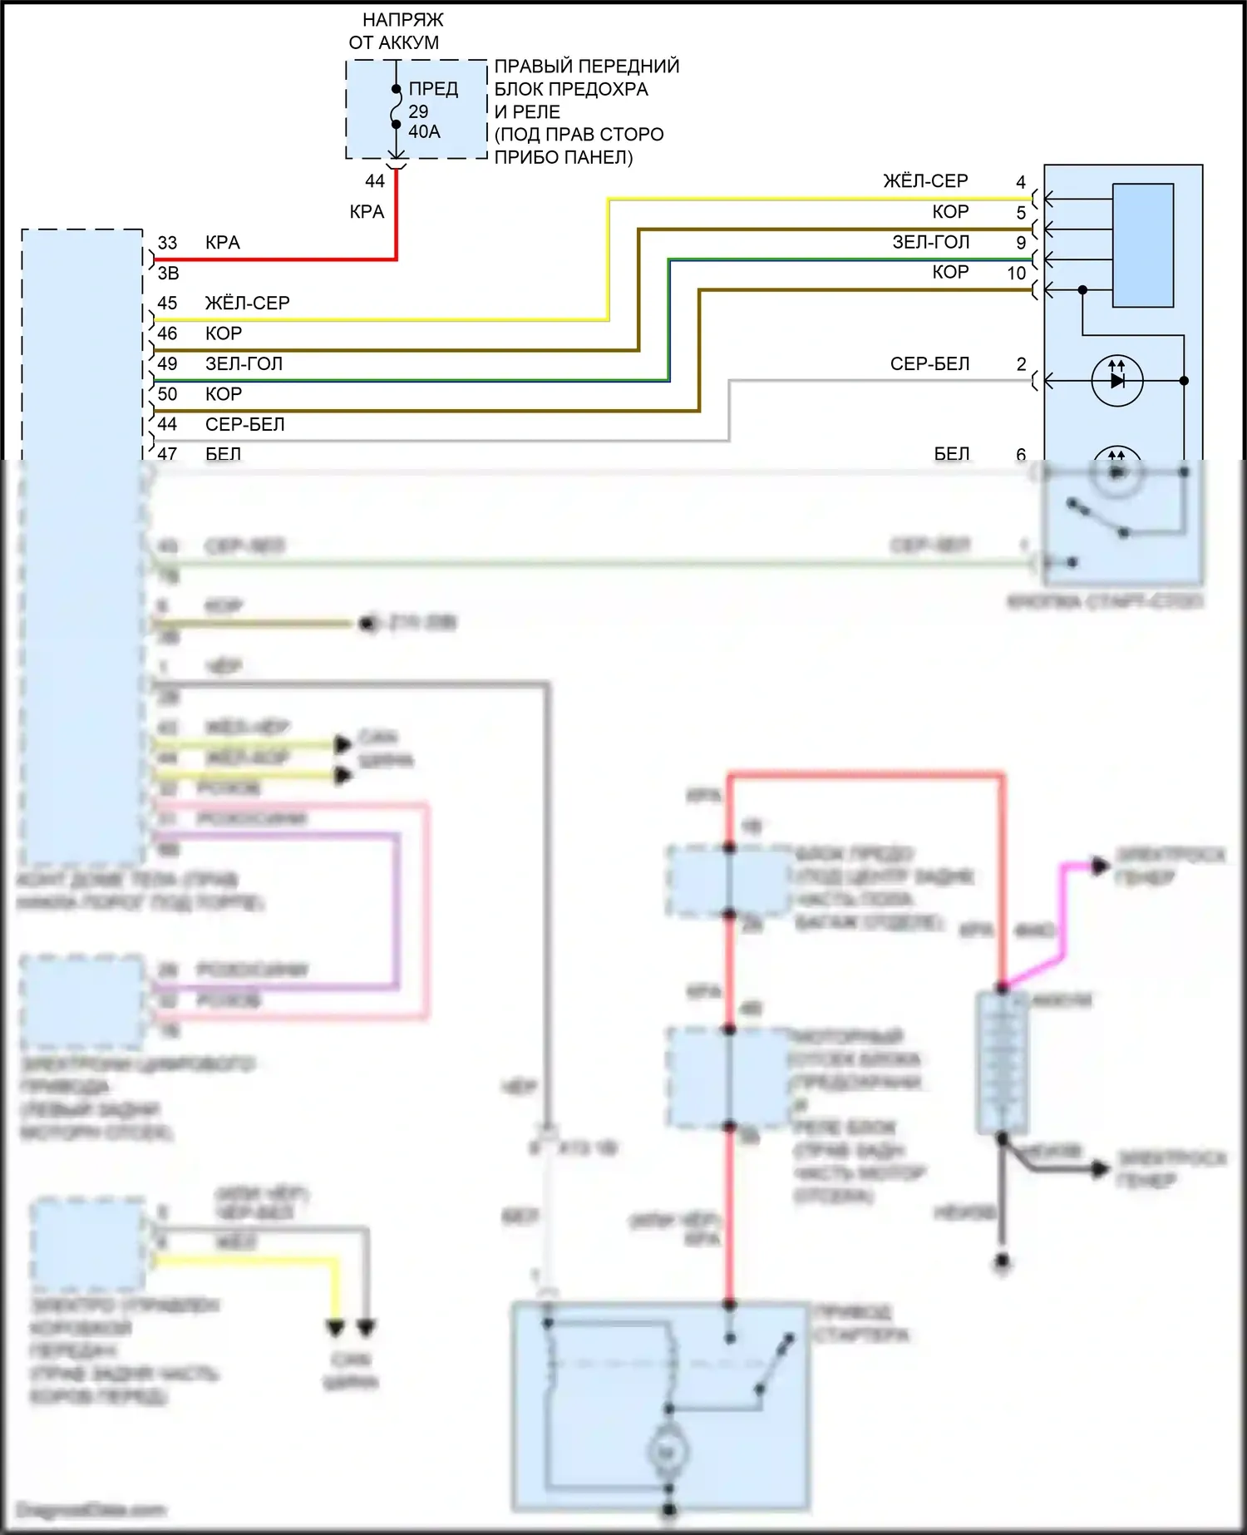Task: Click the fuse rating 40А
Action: coord(424,131)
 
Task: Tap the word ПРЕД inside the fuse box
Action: coord(433,88)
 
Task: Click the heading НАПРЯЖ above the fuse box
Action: coord(402,19)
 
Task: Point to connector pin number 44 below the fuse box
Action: coord(375,180)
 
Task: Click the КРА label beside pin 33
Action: coord(222,243)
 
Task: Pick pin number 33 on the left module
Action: coord(167,243)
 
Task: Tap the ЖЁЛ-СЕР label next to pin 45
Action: coord(247,304)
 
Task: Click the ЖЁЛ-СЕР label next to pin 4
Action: coord(925,181)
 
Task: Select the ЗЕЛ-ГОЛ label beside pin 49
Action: coord(244,364)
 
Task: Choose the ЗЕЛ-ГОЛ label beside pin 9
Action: coord(930,242)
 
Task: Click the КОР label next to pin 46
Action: coord(223,333)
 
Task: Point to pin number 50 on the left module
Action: coord(167,394)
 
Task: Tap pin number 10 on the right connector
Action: coord(1017,273)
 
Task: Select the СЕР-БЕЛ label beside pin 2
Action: coord(929,364)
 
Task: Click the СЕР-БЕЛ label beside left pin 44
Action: coord(244,425)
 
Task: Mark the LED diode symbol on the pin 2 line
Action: coord(1116,380)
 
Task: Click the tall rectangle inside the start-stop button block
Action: coord(1143,245)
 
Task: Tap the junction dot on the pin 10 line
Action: coord(1082,289)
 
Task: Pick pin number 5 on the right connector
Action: coord(1021,212)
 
